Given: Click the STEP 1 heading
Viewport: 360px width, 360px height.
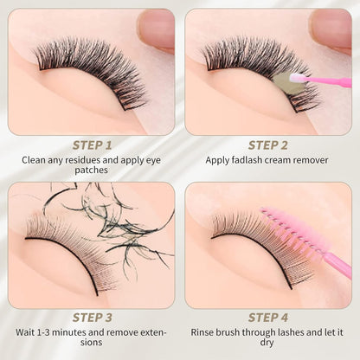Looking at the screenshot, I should click(x=91, y=145).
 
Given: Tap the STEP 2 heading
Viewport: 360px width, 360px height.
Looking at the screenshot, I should click(x=268, y=145).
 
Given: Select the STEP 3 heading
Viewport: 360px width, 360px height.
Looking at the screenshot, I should click(x=91, y=318).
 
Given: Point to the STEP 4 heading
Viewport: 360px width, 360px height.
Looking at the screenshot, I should click(x=268, y=318).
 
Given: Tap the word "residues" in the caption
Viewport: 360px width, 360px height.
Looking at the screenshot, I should click(x=83, y=160).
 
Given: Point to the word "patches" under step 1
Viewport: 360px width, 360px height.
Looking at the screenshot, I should click(x=91, y=170).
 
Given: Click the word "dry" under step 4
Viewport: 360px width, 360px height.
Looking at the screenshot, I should click(x=268, y=343).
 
